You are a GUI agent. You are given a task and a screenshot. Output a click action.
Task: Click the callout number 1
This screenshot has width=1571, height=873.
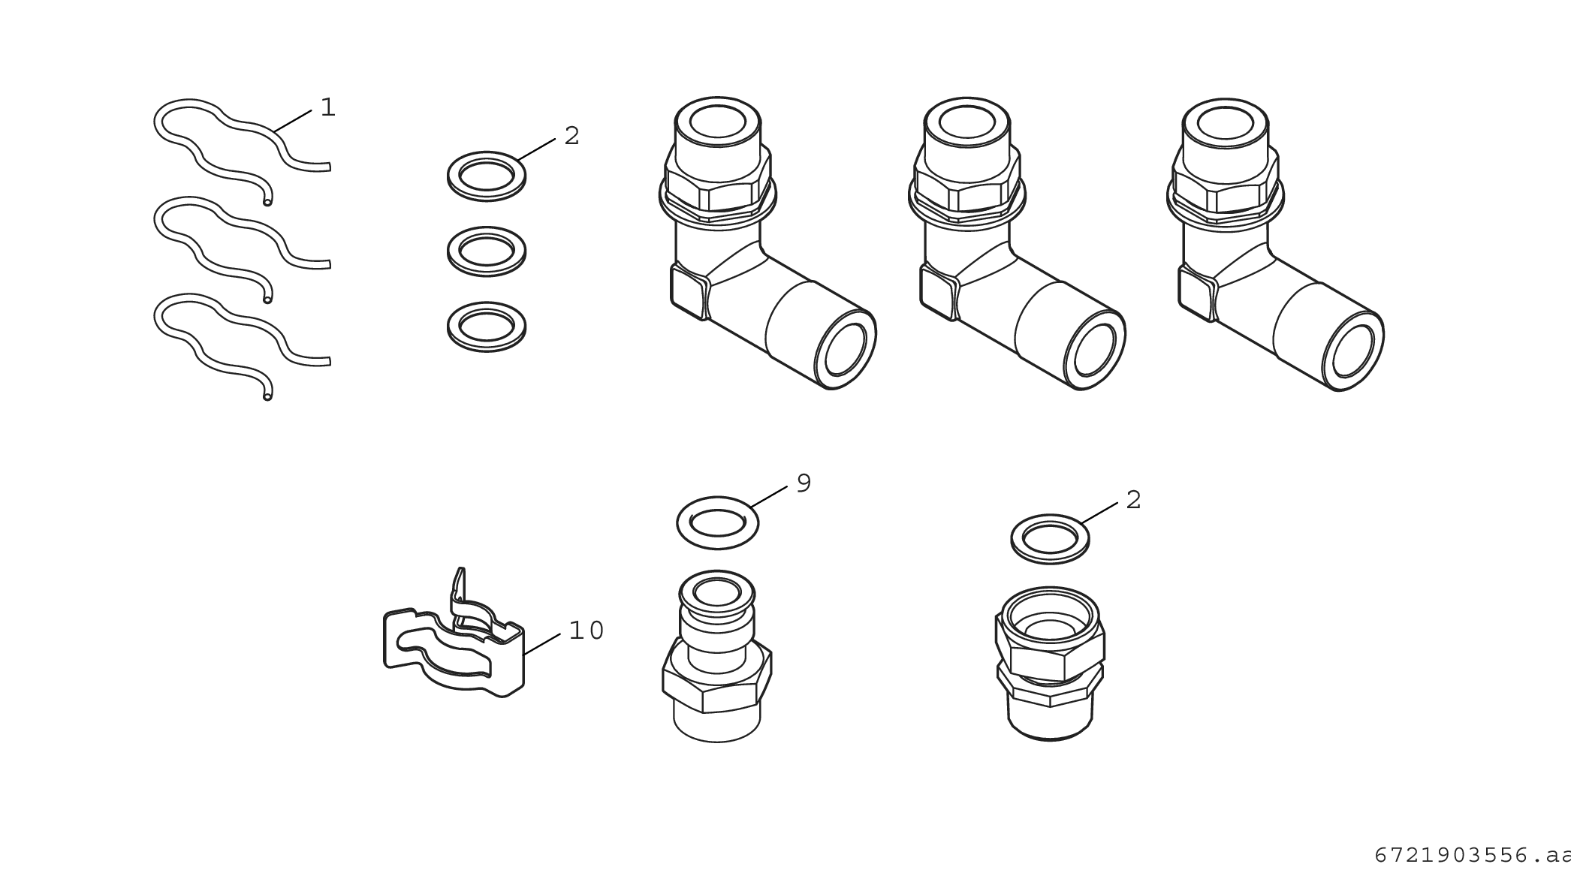(327, 107)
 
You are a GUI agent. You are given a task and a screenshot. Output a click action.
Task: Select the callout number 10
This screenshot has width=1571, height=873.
(586, 631)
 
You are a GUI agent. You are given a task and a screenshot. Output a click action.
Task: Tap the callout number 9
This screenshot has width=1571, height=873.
(804, 483)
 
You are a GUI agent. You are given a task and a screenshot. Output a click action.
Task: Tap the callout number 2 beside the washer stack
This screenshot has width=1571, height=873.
(571, 136)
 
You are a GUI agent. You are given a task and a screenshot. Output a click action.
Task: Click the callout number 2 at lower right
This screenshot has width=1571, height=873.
(1134, 500)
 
